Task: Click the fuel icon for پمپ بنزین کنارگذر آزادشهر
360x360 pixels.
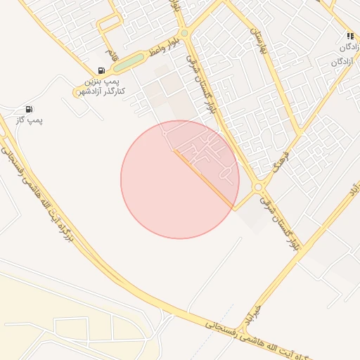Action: pyautogui.click(x=102, y=70)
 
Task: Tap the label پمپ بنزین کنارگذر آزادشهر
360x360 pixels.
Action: pyautogui.click(x=100, y=87)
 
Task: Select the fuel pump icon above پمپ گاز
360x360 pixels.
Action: pyautogui.click(x=29, y=109)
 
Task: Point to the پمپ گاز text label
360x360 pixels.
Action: pyautogui.click(x=30, y=120)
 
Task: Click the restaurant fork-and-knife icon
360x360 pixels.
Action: pyautogui.click(x=349, y=36)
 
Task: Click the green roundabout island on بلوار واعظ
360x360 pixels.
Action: pyautogui.click(x=184, y=33)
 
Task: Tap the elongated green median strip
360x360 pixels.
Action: pyautogui.click(x=129, y=63)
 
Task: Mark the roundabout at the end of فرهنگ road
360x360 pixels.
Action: pyautogui.click(x=259, y=187)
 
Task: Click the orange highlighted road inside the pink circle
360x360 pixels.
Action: pyautogui.click(x=204, y=180)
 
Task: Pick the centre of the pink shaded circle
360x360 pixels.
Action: pyautogui.click(x=180, y=179)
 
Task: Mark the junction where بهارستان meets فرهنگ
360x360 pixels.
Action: pyautogui.click(x=298, y=131)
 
